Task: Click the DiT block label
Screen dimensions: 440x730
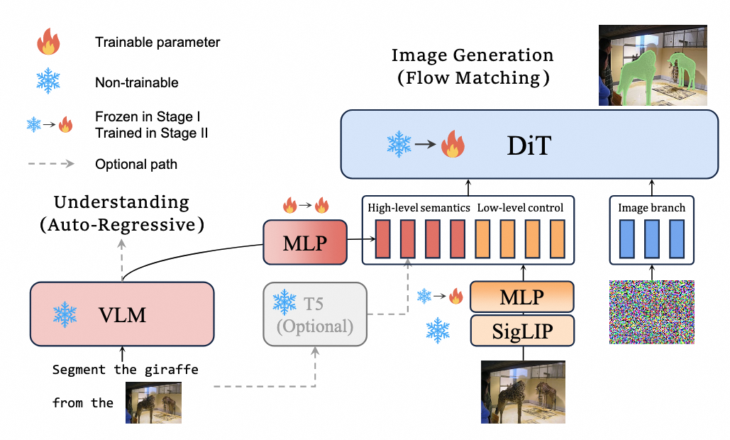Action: (523, 146)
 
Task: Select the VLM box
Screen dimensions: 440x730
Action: (121, 314)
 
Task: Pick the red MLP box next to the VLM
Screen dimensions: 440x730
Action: (306, 242)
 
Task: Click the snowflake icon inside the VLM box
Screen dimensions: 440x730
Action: (67, 314)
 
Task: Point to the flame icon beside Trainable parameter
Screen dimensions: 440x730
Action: (48, 42)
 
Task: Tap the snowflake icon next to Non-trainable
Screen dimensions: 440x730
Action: (48, 82)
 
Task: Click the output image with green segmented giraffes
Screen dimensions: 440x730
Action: (653, 65)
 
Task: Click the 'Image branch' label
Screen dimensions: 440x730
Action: (651, 207)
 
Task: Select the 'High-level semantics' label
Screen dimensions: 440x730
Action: (418, 207)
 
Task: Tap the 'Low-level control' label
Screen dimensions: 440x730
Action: (520, 207)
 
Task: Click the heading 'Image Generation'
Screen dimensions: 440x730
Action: (472, 55)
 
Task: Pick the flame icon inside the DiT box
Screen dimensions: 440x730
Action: (451, 146)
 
